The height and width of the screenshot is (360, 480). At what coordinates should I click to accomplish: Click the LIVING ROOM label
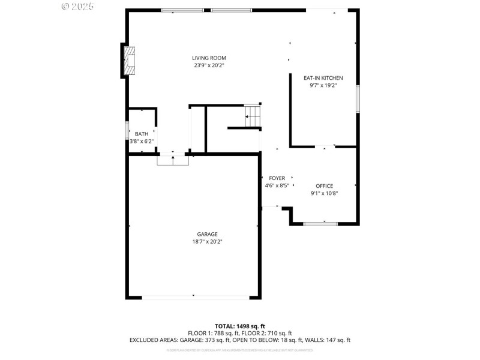tap(209, 58)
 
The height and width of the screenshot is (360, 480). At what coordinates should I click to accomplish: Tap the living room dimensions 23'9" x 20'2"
tap(209, 65)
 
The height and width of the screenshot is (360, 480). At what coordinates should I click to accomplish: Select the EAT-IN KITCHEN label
tap(323, 78)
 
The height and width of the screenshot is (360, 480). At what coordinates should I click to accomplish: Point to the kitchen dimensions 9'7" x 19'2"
tap(323, 86)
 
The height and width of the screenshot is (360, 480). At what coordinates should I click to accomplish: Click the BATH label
tap(142, 134)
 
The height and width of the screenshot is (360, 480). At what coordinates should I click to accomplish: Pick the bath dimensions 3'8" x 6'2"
tap(142, 141)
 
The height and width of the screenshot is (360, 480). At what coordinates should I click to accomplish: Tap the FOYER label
tap(277, 178)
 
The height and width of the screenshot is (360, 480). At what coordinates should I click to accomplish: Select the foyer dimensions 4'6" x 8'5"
tap(277, 185)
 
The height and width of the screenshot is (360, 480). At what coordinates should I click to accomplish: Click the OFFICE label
tap(324, 186)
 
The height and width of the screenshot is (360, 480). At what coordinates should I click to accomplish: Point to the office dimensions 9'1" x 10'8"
tap(324, 193)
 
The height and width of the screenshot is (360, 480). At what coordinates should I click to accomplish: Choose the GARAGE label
tap(208, 234)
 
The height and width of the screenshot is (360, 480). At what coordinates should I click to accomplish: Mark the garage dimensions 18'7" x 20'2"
tap(208, 241)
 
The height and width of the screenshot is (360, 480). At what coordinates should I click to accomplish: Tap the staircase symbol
tap(253, 116)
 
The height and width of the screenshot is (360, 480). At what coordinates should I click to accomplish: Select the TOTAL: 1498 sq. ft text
tap(240, 326)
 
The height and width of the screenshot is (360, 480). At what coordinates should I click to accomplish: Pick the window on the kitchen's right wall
tap(358, 99)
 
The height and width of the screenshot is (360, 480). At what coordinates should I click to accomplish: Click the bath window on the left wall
tap(127, 131)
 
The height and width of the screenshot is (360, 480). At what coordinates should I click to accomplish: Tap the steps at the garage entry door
tap(173, 160)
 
